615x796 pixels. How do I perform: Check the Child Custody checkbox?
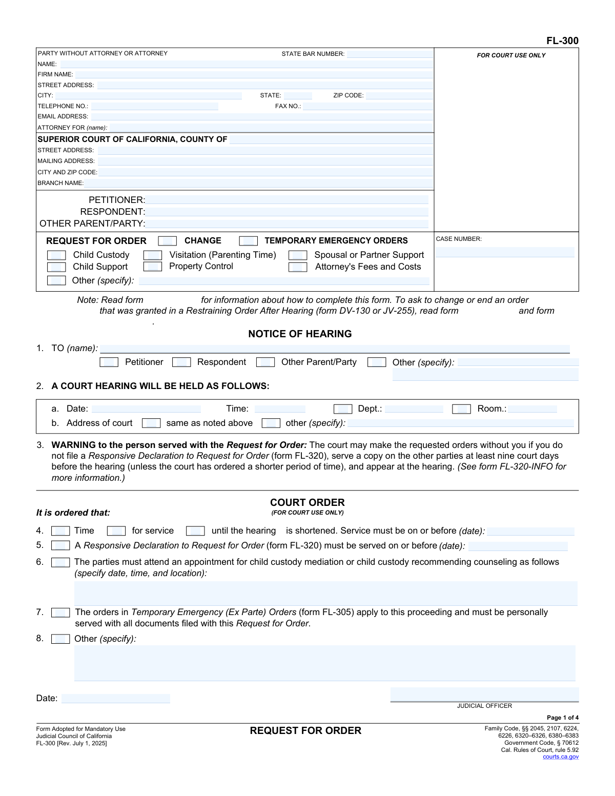[x=56, y=255]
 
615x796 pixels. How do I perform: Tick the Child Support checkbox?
[x=56, y=267]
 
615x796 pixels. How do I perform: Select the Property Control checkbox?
[x=153, y=267]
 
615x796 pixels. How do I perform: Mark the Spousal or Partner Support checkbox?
[x=298, y=255]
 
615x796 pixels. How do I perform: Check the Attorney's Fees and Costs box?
[x=298, y=267]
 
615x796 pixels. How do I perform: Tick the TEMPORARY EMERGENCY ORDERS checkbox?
[x=249, y=241]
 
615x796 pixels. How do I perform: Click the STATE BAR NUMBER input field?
[x=389, y=54]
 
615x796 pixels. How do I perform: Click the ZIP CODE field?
[x=399, y=96]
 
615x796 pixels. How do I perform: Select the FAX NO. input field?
[x=367, y=107]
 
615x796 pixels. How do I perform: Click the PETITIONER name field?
[x=287, y=200]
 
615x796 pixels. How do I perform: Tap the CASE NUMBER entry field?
[x=505, y=252]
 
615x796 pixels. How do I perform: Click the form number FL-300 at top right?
[x=562, y=41]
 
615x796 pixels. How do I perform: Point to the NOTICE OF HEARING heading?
[x=300, y=334]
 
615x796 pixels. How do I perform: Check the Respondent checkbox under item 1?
[x=181, y=362]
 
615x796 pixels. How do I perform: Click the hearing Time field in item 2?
[x=280, y=409]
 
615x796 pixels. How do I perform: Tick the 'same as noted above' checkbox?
[x=151, y=423]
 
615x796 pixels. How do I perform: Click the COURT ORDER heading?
[x=307, y=503]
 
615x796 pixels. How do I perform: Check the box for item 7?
[x=60, y=613]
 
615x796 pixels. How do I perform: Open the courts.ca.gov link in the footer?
[x=561, y=757]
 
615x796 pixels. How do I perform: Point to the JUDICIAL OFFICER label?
[x=484, y=706]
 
